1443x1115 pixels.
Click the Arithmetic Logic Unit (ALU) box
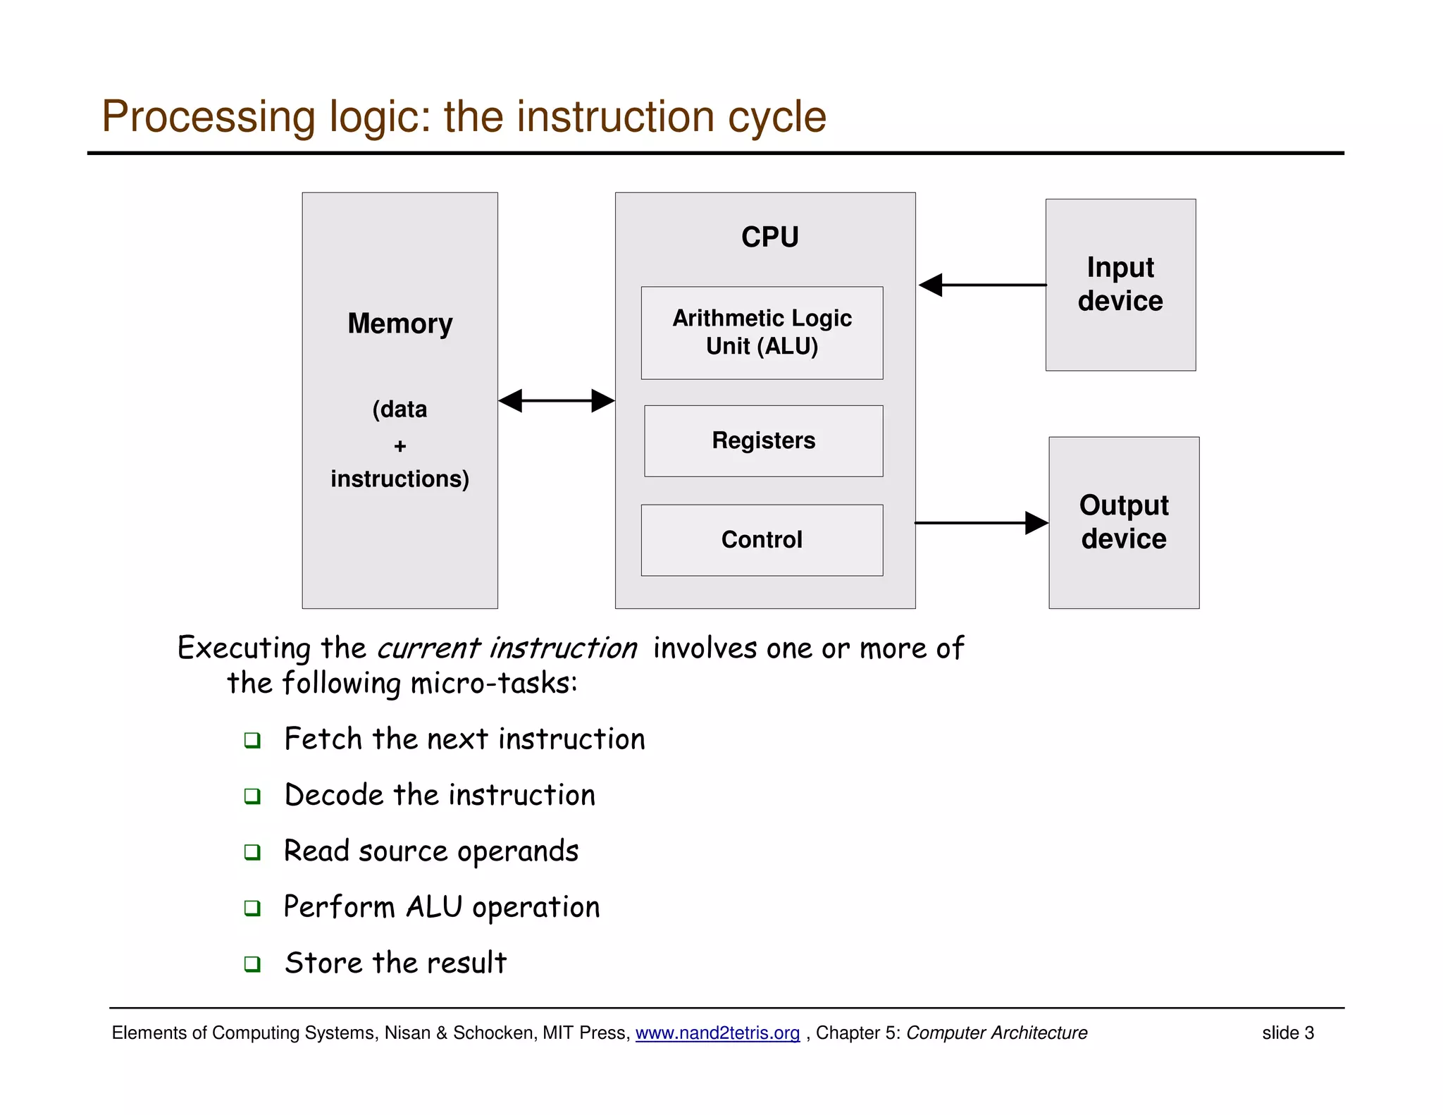click(762, 333)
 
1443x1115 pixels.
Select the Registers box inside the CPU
click(763, 441)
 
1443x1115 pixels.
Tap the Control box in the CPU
click(762, 540)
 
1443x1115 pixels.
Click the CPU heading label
click(769, 237)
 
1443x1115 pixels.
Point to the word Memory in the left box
click(400, 324)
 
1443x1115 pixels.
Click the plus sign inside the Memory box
click(400, 446)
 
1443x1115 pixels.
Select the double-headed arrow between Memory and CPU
click(556, 400)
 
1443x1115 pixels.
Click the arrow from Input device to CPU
click(982, 285)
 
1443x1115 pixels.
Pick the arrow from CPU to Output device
click(981, 523)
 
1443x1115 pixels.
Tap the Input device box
click(1120, 284)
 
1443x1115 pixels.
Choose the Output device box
click(1124, 522)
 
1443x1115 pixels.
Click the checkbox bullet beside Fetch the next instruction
click(252, 740)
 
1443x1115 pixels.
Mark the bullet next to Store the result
click(252, 963)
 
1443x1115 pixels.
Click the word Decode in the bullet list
click(334, 795)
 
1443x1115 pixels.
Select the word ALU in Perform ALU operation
click(434, 907)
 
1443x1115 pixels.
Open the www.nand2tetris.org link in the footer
click(717, 1033)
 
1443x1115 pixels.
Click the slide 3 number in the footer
click(1287, 1033)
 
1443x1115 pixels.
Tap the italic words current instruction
click(507, 648)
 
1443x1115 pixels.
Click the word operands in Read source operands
click(518, 851)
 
